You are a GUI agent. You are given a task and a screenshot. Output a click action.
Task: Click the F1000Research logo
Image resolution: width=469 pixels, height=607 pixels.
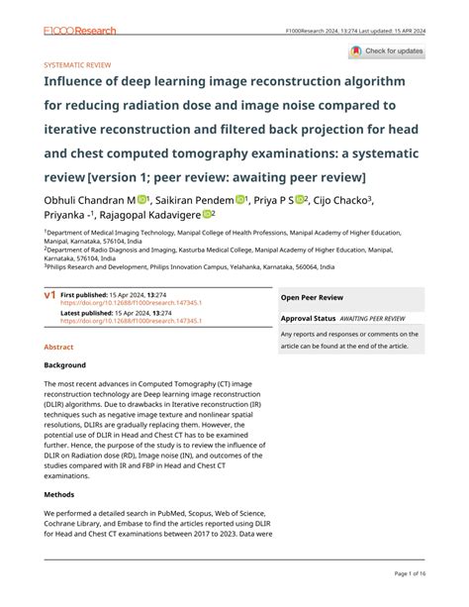point(80,31)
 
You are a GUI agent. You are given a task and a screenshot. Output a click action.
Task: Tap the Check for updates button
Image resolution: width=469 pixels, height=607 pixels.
point(387,51)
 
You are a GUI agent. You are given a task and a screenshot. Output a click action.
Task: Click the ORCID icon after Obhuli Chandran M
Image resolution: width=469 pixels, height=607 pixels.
point(142,199)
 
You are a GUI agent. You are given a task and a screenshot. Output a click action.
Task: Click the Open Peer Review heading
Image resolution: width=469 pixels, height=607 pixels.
point(312,296)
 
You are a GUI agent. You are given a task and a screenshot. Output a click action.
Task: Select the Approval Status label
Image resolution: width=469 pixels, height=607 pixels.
point(308,319)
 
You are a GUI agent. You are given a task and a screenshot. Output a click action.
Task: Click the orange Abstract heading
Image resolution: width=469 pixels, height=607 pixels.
point(58,348)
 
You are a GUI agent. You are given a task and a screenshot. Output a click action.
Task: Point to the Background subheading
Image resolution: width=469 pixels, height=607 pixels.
point(64,365)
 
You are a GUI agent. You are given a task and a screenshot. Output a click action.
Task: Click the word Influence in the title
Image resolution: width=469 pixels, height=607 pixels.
point(79,81)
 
